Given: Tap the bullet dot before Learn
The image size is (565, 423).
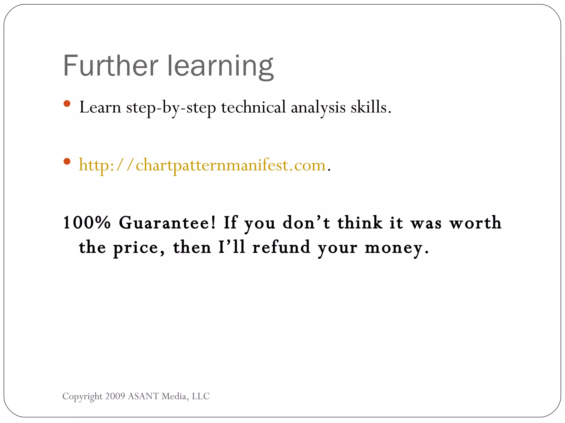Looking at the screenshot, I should click(67, 104).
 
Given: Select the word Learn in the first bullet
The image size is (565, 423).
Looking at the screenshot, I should click(100, 107).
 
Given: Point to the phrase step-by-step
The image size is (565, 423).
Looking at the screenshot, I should click(171, 108).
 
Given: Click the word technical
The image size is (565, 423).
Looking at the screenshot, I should click(253, 107).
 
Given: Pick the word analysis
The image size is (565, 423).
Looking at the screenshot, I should click(318, 108).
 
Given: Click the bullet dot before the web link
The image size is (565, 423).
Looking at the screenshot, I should click(67, 161).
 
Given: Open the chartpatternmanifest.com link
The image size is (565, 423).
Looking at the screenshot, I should click(202, 165).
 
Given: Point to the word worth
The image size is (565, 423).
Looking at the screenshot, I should click(475, 223).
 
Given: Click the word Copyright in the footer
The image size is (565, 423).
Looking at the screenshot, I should click(82, 396).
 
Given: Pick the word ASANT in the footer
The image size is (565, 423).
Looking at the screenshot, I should click(143, 396).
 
